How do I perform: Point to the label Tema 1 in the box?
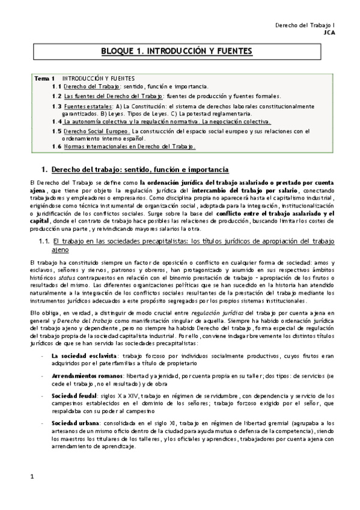click(x=44, y=78)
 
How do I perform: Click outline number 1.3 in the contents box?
click(x=56, y=106)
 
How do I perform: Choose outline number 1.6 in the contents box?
click(x=56, y=146)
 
